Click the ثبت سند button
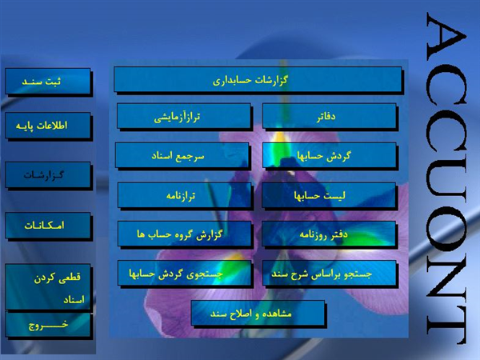point(48,81)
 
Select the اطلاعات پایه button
point(48,126)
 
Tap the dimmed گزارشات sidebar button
point(48,175)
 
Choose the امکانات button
point(48,226)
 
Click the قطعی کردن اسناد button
point(48,287)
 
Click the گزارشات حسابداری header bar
point(258,79)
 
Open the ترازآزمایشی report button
point(184,116)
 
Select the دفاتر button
point(330,116)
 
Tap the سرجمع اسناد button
point(182,155)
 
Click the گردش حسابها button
point(330,155)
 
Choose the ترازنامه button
point(184,195)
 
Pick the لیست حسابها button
point(329,195)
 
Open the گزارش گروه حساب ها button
point(184,234)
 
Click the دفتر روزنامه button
point(329,234)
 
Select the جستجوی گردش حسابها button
point(184,274)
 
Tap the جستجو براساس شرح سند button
point(330,274)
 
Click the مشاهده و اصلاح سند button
point(258,313)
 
